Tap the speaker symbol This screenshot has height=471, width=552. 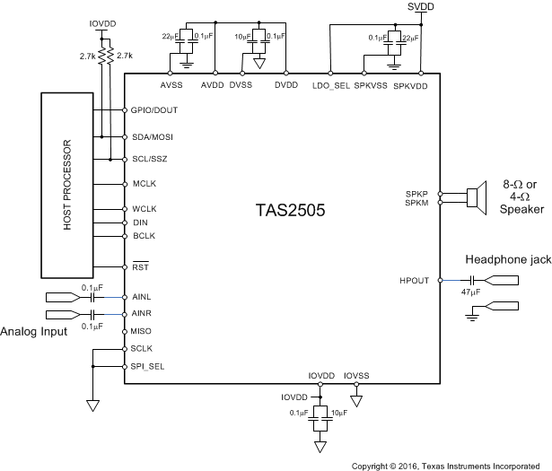coord(475,197)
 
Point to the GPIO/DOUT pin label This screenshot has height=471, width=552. coord(153,109)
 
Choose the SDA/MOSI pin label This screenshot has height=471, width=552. coord(152,136)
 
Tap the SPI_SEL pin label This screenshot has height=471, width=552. coord(147,366)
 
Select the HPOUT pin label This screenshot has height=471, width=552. coord(417,280)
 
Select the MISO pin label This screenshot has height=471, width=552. coord(143,332)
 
